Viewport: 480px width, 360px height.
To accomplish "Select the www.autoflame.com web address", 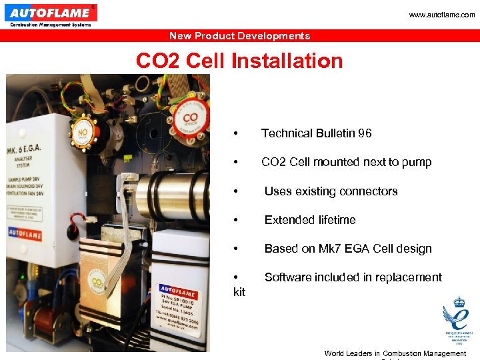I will click(443, 15).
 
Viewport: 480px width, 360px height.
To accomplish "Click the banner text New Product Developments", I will click(239, 36).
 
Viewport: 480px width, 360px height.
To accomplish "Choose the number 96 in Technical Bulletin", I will click(365, 133).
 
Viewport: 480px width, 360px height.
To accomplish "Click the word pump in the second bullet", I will click(417, 162).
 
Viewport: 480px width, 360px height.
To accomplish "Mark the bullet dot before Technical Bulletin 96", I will click(236, 133).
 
